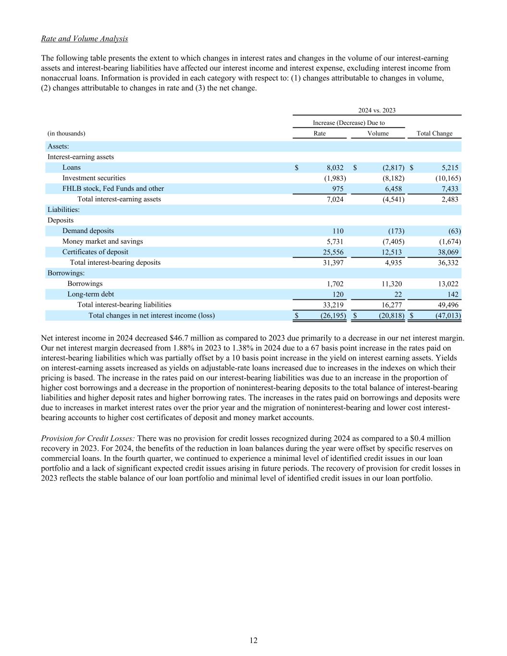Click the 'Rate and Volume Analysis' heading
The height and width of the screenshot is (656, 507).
pos(85,38)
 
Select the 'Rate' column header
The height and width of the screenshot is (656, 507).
pos(320,134)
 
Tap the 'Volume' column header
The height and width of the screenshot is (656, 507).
pos(378,134)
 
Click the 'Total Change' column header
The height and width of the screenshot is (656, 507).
pos(434,134)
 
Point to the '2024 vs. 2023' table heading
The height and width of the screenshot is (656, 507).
pos(377,111)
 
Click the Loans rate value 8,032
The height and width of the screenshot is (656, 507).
pos(335,168)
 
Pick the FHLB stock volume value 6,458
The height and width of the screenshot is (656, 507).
pos(392,189)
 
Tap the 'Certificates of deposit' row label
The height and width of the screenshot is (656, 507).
pos(95,252)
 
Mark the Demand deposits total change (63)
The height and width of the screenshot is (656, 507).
pos(454,231)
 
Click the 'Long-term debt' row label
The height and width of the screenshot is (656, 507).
pos(90,294)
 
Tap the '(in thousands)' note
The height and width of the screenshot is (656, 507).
pos(66,134)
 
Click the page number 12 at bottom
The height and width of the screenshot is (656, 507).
pos(253,640)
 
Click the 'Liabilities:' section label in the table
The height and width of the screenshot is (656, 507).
pos(63,210)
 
